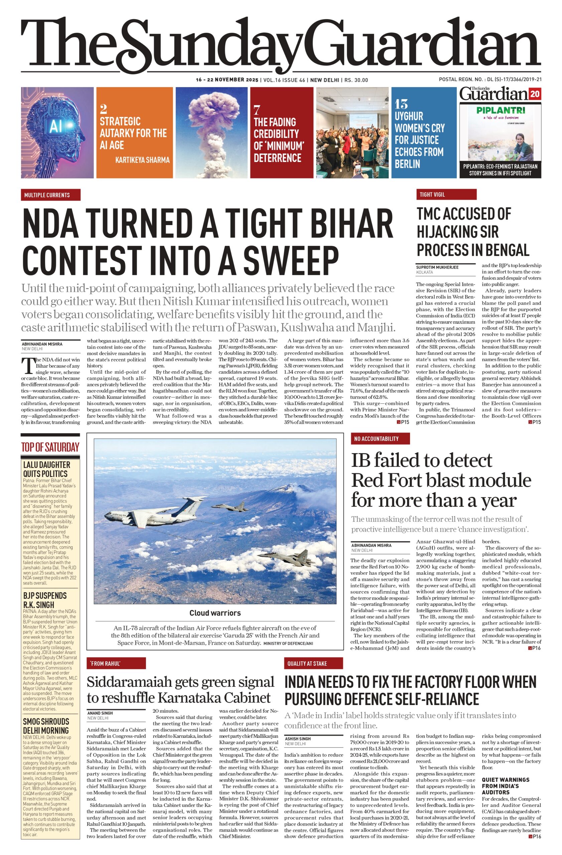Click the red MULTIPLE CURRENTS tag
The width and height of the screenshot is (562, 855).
point(50,195)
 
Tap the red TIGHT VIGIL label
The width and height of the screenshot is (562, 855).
point(446,194)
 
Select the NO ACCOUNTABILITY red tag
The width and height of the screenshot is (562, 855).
point(380,439)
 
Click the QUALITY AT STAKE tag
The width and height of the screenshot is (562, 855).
point(313,664)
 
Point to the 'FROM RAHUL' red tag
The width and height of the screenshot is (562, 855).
point(116,664)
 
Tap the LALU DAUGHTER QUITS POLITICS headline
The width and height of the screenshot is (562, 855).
point(47,469)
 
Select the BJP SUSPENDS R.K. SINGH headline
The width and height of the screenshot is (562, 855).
point(44,600)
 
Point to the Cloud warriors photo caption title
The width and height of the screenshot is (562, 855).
point(215,613)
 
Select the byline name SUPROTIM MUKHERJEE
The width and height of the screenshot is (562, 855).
point(437,267)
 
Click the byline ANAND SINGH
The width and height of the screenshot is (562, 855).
point(100,713)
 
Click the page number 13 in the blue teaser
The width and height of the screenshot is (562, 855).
point(401,104)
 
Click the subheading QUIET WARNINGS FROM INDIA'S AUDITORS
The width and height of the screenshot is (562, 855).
point(505,786)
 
